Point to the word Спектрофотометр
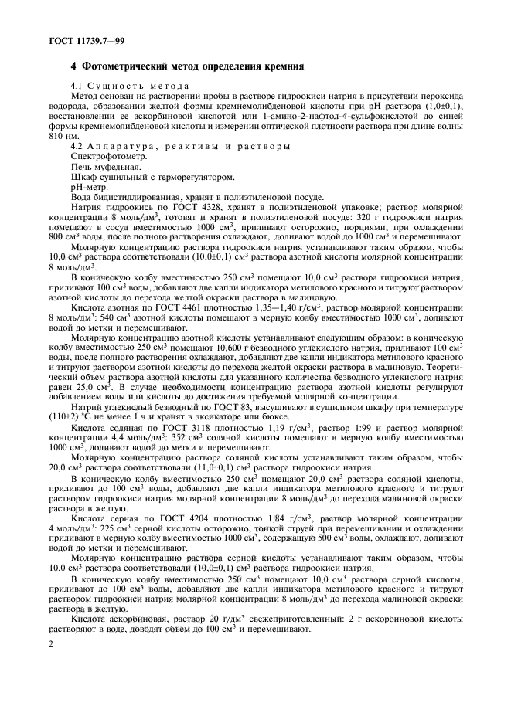(104, 156)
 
